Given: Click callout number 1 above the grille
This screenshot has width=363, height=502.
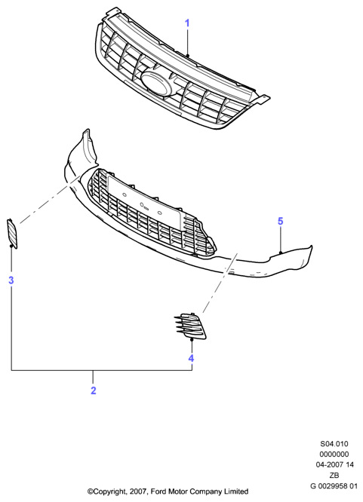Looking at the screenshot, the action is [x=187, y=23].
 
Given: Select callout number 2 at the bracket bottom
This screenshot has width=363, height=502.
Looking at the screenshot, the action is [x=94, y=390].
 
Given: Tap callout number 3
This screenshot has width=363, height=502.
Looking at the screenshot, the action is [x=11, y=280].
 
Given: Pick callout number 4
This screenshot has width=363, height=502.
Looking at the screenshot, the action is [x=191, y=358].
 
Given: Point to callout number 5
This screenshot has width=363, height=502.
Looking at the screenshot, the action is [x=281, y=221].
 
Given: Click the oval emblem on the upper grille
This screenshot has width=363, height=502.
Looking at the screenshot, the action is [x=155, y=83].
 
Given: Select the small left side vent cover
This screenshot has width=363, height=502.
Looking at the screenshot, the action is [x=12, y=234].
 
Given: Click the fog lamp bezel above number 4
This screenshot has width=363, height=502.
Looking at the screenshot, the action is [x=190, y=326].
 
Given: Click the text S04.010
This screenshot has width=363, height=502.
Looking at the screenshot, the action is [x=334, y=444].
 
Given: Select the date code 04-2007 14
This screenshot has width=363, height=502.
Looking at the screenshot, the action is [x=334, y=464].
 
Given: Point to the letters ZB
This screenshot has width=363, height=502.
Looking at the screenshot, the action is [x=334, y=475].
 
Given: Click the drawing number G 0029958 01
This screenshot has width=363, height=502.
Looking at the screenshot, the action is [x=334, y=485].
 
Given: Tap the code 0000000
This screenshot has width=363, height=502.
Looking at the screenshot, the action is [x=334, y=454].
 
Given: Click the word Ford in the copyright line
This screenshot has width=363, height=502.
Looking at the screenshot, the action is [x=158, y=491].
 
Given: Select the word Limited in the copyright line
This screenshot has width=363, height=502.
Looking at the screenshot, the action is [x=237, y=491].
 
